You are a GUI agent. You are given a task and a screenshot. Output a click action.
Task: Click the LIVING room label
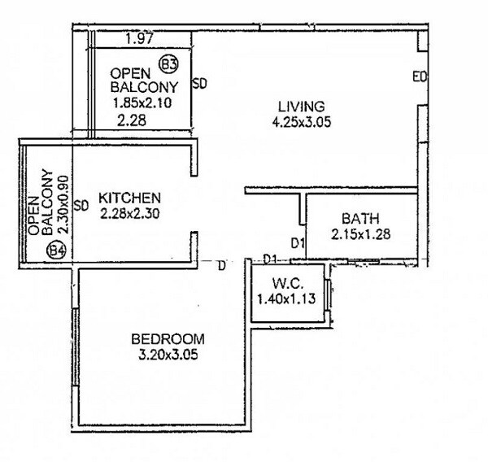pos(301,107)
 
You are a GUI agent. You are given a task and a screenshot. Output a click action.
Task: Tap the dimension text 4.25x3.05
pos(301,122)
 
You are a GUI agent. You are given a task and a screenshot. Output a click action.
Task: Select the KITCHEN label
pos(129,198)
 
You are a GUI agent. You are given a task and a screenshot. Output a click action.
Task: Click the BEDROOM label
pos(169,338)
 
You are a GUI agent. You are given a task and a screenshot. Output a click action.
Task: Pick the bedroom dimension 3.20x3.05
pos(169,354)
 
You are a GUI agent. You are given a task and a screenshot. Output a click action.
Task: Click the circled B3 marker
pos(169,63)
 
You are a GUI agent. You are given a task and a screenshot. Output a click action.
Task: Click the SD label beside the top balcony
pos(198,83)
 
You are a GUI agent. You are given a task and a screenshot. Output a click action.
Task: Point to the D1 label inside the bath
pos(298,242)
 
